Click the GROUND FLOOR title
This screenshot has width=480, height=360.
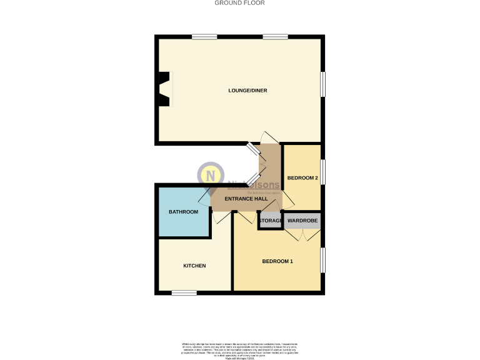240,3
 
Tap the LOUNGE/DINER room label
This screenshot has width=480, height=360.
247,91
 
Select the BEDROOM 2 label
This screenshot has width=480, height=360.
302,178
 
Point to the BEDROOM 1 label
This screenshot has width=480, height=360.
277,261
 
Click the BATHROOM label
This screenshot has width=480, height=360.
183,212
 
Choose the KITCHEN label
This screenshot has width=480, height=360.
194,266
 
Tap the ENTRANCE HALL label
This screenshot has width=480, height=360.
248,199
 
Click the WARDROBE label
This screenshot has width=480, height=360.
302,221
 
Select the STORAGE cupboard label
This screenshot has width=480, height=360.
270,221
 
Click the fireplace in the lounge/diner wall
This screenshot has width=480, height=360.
164,89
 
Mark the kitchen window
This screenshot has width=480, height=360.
184,292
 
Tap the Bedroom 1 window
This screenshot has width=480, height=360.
322,260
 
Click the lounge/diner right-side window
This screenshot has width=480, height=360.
322,84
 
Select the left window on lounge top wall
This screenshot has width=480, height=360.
204,37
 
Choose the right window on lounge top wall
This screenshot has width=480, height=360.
275,37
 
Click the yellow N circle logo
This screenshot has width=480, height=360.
211,174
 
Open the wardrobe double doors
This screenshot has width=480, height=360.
302,236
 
